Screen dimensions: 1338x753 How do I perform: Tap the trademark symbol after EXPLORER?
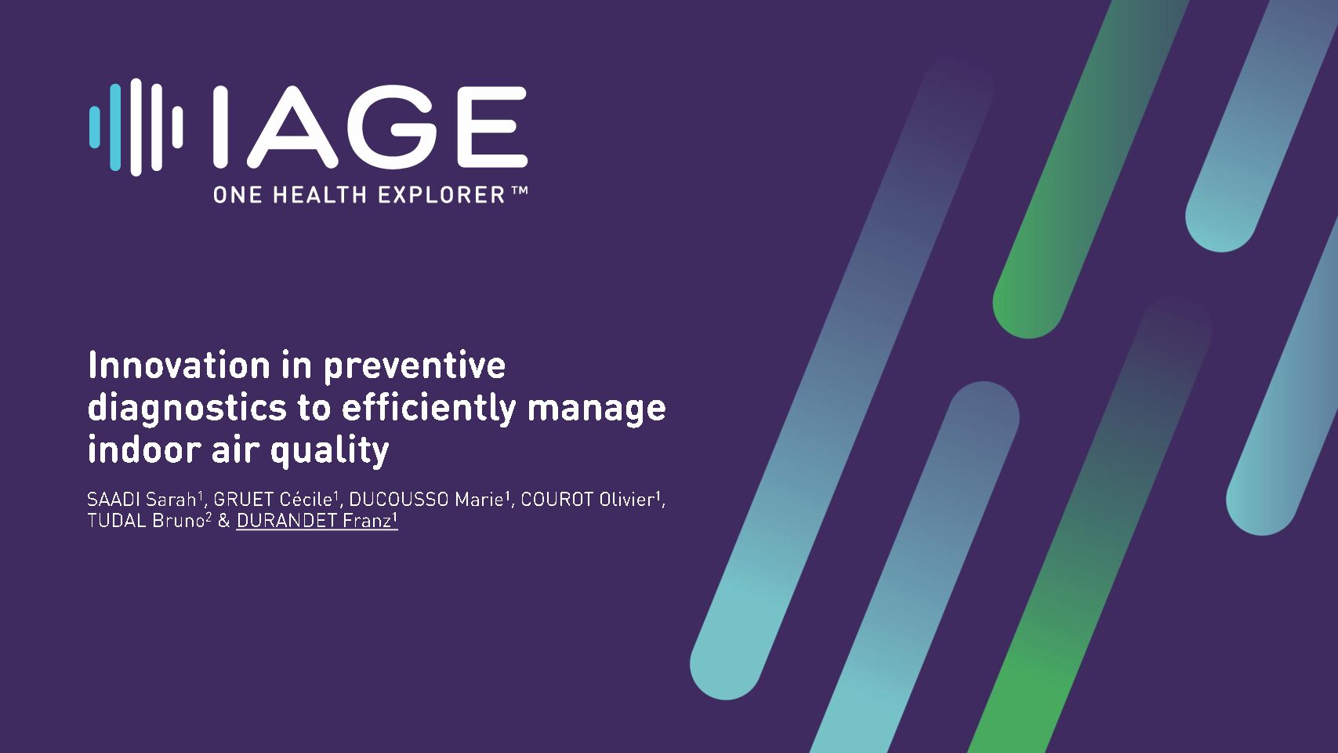click(519, 191)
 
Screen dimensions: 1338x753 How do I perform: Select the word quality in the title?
click(330, 451)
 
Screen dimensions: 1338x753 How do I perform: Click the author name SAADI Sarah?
click(142, 499)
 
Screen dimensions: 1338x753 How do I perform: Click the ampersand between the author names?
click(224, 521)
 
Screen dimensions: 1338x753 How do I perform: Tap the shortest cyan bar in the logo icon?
click(94, 127)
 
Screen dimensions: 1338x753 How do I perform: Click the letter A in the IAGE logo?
click(292, 127)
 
